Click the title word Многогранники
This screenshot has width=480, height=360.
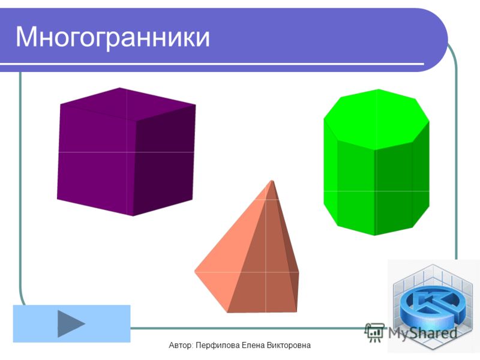pos(113,37)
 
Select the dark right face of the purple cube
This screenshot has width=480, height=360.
pos(164,159)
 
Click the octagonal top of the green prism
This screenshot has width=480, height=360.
pos(377,119)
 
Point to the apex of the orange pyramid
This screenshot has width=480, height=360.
pos(272,181)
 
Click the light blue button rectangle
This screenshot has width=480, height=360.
pos(71,323)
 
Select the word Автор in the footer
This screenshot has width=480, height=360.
pos(181,346)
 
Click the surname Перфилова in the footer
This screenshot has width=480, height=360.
pos(218,346)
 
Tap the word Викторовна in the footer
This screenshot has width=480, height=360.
pos(289,346)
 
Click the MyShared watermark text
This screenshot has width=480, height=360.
pos(422,333)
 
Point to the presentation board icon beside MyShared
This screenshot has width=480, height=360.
pos(374,332)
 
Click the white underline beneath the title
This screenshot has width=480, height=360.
pos(212,64)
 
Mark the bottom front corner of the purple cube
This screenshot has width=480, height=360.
pos(133,216)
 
